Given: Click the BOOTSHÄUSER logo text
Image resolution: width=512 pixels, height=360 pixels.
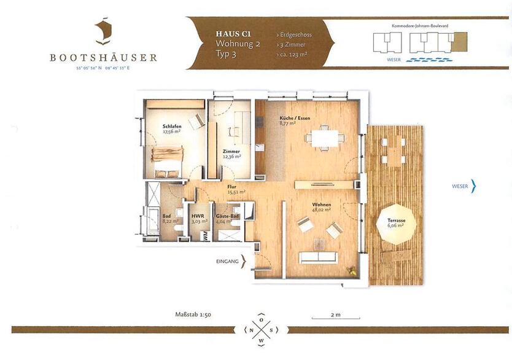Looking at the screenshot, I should [104, 58].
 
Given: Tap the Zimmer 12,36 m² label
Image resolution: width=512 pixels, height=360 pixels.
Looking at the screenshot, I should [231, 154].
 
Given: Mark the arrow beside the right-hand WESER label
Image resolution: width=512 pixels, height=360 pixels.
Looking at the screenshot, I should [473, 186].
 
